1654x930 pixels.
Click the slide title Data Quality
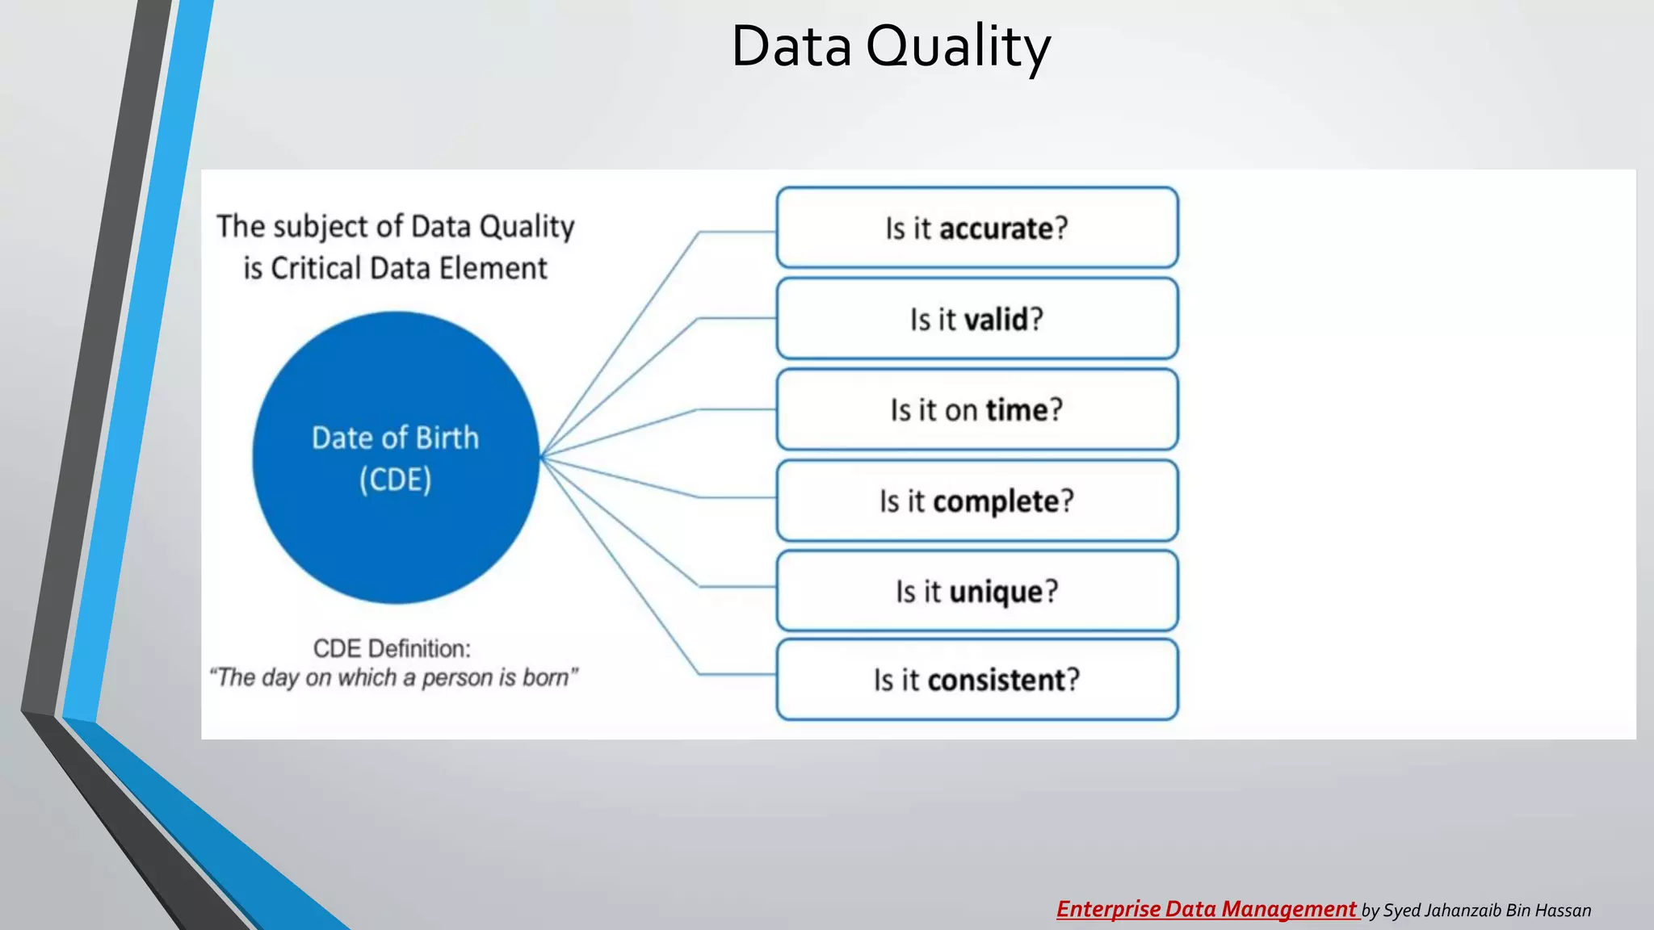coord(890,47)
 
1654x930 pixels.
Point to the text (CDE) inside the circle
coord(395,480)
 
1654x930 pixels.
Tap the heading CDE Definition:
coord(392,648)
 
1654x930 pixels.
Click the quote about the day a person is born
coord(393,677)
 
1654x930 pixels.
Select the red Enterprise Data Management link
coord(1207,910)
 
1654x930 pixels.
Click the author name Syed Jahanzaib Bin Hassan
coord(1487,911)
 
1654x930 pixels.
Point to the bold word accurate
coord(997,229)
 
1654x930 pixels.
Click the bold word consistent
coord(997,681)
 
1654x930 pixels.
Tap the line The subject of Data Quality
coord(395,227)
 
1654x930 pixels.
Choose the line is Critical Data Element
coord(395,268)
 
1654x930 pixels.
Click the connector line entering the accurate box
coord(737,232)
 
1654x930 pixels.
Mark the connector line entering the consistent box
coord(737,673)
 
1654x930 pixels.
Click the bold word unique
coord(996,593)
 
